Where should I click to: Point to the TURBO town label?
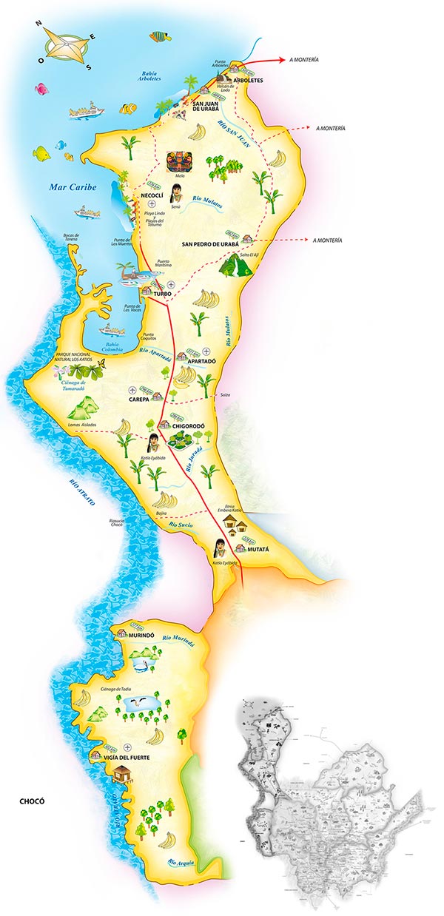(162, 294)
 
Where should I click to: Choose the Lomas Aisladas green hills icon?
(84, 407)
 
